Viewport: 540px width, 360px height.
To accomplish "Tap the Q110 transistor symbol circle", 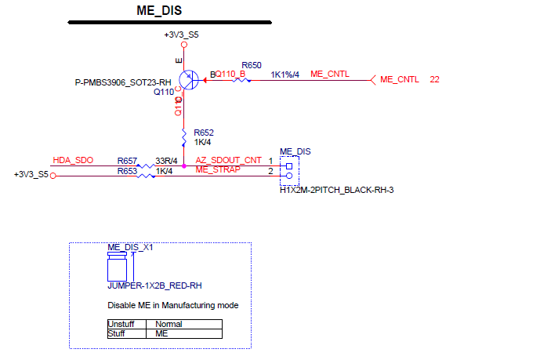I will [188, 79].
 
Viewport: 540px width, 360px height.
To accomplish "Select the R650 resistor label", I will [252, 65].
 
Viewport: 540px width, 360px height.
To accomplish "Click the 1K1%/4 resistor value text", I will [285, 75].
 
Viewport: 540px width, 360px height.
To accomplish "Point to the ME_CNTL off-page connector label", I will [399, 80].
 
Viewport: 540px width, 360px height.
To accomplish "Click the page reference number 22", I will [434, 80].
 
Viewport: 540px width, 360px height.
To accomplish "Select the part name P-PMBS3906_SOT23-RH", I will [122, 82].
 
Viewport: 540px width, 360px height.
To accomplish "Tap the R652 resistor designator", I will [204, 133].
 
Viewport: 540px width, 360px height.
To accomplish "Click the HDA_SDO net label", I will [73, 160].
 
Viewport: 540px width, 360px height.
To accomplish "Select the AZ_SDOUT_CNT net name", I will [228, 160].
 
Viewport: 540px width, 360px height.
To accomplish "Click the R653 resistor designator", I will [128, 170].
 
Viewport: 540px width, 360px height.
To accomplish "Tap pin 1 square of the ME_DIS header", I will [289, 165].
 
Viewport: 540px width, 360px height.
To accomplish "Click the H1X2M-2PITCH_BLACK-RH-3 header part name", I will [336, 190].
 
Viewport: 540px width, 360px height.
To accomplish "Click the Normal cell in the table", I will [169, 324].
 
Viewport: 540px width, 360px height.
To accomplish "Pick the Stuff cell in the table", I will [116, 333].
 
